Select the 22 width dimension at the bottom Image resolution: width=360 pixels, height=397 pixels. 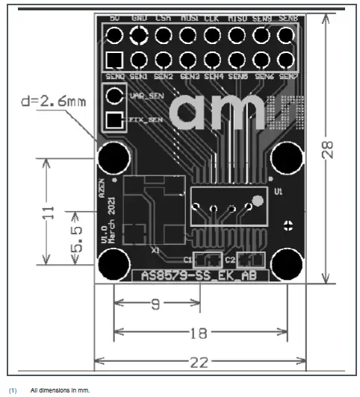198,362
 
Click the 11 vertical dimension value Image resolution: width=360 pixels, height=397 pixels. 50,213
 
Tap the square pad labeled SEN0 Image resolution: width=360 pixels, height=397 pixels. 114,59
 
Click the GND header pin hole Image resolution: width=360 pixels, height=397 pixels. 139,34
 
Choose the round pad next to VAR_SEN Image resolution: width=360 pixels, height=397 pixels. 114,95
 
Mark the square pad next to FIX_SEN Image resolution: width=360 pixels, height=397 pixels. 114,119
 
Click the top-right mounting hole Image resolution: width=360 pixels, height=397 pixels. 287,157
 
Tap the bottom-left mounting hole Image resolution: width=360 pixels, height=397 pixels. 114,264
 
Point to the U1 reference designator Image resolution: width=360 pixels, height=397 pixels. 279,192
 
